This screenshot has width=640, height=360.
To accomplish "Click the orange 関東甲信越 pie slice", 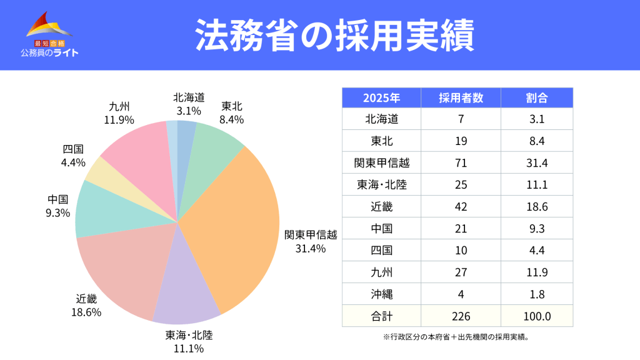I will click(x=237, y=225).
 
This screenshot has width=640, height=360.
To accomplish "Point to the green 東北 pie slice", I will click(x=212, y=147).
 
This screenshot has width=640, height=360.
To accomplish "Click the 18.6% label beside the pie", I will click(x=86, y=312).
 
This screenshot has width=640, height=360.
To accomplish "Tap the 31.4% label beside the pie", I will click(x=311, y=248).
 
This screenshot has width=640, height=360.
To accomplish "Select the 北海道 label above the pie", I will click(x=189, y=97).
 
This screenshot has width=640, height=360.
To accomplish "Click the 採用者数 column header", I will click(x=461, y=98).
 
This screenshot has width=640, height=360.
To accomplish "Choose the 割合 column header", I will click(x=537, y=98).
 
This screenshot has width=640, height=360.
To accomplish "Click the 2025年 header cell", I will click(x=381, y=98).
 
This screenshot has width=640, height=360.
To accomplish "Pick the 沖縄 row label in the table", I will click(x=381, y=294).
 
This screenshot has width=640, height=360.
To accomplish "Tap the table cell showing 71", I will click(x=461, y=162).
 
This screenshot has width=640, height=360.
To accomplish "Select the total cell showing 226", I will click(x=461, y=316).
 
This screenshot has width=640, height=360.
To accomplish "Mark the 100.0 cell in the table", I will click(x=537, y=316).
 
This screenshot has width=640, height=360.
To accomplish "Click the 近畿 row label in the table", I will click(x=381, y=206).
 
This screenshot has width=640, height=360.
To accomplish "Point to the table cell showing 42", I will click(x=461, y=206).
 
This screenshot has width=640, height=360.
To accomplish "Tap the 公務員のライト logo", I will click(x=49, y=34).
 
